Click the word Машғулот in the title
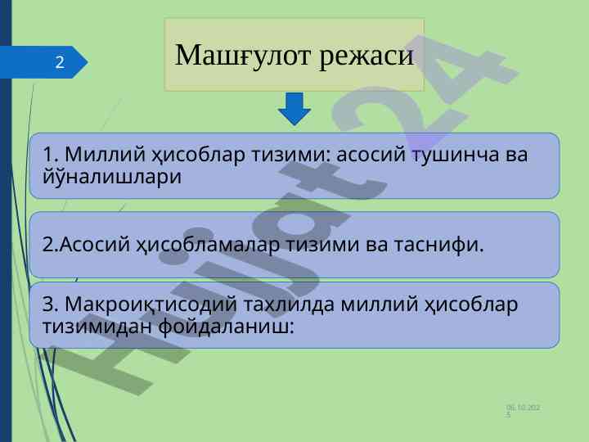tap(243, 56)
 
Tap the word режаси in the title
tap(366, 56)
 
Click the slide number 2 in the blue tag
tap(60, 62)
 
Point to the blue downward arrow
tap(294, 109)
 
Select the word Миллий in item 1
tap(106, 154)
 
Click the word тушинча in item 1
tap(456, 154)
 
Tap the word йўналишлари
tap(112, 176)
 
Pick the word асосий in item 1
tap(371, 154)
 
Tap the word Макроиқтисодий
tap(151, 304)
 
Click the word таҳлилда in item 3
tap(289, 304)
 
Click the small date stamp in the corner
tap(523, 410)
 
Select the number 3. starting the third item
tap(51, 304)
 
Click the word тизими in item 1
tap(290, 154)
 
